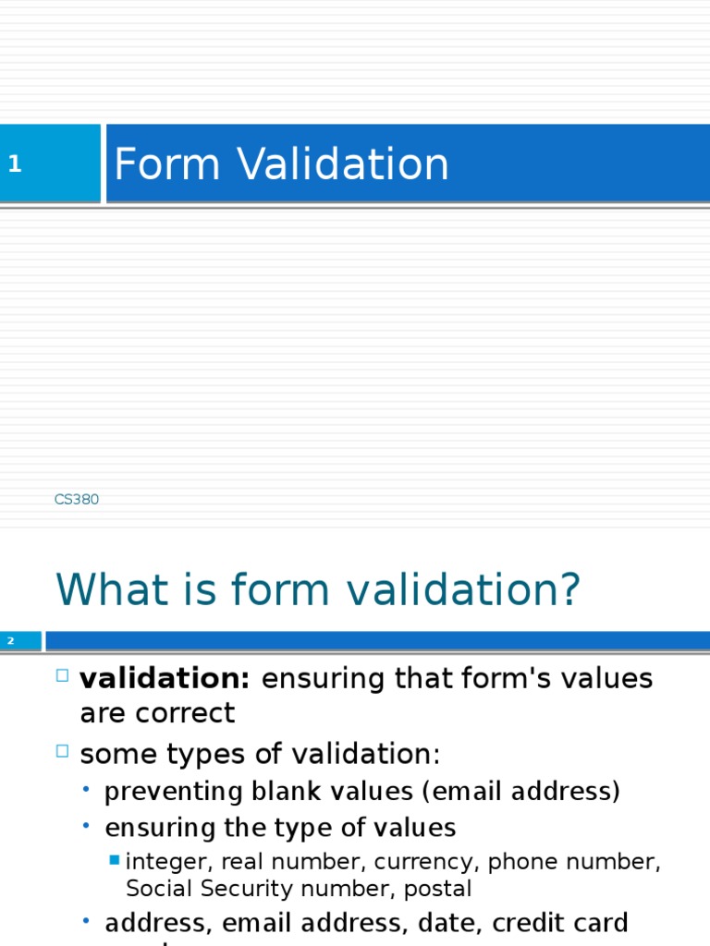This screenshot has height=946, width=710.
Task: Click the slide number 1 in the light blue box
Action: (x=15, y=165)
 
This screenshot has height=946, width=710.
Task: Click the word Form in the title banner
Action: (x=166, y=165)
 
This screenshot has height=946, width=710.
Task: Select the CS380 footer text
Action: (x=77, y=500)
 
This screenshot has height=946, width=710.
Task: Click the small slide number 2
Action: (x=11, y=640)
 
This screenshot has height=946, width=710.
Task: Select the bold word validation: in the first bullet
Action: (x=165, y=679)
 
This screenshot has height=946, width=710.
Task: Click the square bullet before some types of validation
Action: (x=63, y=752)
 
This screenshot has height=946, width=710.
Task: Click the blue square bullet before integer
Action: (x=114, y=860)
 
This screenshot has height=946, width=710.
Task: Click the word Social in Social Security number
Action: (x=154, y=889)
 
